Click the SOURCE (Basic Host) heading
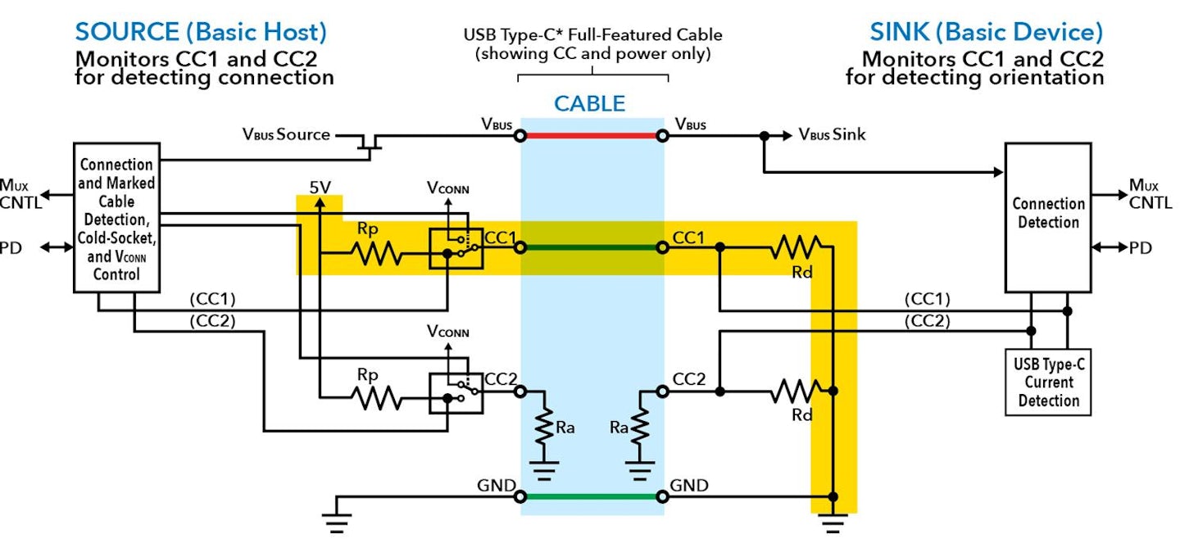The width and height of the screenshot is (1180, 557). (x=201, y=33)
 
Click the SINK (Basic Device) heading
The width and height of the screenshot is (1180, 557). (x=986, y=33)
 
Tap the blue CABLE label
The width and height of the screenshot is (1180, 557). (x=589, y=104)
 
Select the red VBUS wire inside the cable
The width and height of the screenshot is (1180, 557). (x=591, y=136)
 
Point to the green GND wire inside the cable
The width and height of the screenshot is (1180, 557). (x=591, y=496)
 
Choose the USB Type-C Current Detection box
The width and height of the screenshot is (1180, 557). (x=1047, y=382)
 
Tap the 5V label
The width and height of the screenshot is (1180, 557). (x=320, y=188)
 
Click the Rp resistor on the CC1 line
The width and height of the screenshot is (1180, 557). (x=377, y=254)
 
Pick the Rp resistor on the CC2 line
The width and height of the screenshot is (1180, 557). (x=377, y=398)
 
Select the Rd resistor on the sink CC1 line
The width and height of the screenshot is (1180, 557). (x=795, y=246)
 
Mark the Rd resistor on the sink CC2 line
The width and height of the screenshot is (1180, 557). (x=795, y=392)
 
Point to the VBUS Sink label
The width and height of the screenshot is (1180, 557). (x=831, y=135)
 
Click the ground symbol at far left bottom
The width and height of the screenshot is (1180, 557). (x=338, y=522)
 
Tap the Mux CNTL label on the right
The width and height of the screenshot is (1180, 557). (x=1149, y=194)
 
